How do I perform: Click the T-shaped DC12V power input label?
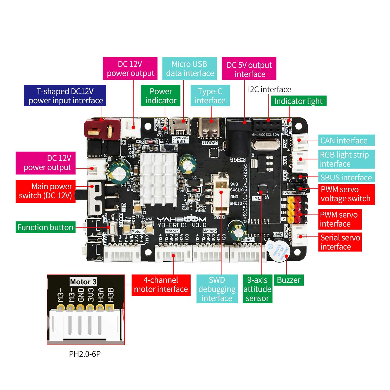pos(65,96)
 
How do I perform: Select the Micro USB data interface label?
pos(190,69)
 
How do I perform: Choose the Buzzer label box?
pos(289,280)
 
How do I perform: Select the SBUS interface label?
pos(346,178)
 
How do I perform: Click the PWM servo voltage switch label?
pos(346,194)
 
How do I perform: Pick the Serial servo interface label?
pos(340,242)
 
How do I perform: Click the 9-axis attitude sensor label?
pos(257,289)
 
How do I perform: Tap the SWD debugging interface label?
pos(217,289)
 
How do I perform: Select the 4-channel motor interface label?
pos(161,285)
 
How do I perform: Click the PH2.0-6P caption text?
pos(85,354)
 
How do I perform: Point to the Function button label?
pos(45,227)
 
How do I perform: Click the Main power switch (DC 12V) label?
pos(45,191)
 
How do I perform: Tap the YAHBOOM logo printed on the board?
pos(181,219)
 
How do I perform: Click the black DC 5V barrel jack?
pos(238,140)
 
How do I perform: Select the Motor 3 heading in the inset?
pos(83,282)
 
